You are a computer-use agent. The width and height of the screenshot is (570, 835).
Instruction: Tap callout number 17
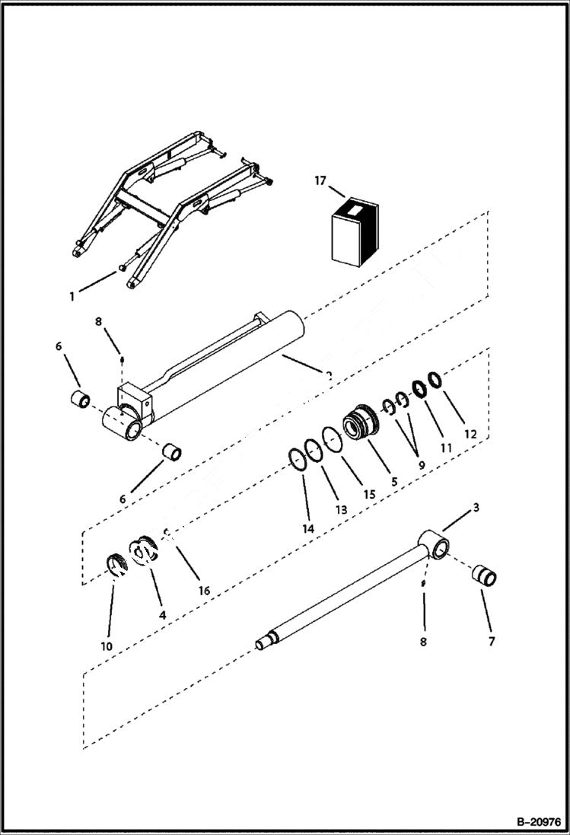coord(320,180)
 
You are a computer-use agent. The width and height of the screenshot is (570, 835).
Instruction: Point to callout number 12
coord(470,434)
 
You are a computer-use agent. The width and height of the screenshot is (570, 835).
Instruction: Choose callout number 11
coord(446,449)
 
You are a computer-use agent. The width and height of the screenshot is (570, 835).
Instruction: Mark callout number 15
coord(369,494)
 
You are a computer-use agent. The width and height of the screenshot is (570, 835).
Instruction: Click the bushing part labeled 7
coord(486,576)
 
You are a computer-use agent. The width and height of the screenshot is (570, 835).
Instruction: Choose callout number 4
coord(161,614)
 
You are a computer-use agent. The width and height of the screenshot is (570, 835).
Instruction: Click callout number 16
coord(203,591)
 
